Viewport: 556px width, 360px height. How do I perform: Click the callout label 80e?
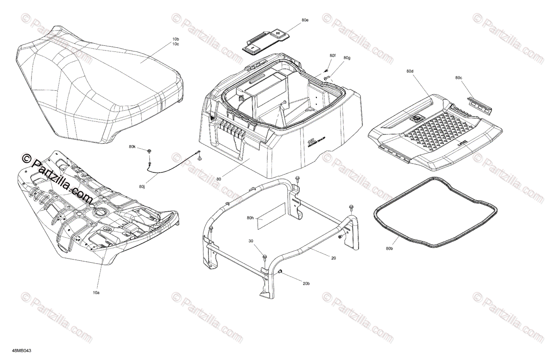tap(304, 20)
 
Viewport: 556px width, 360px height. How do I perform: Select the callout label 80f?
tap(332, 56)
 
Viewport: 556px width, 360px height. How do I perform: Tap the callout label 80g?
tap(347, 58)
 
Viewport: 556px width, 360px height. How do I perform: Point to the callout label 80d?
tap(410, 71)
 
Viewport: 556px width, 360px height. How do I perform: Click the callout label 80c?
tap(458, 78)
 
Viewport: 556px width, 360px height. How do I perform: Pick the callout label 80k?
tap(132, 147)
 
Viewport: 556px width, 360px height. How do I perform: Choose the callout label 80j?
tap(142, 187)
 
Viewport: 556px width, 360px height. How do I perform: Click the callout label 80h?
tap(250, 218)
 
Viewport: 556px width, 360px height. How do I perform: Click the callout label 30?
tap(251, 241)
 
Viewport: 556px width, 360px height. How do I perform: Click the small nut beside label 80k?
tap(149, 152)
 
